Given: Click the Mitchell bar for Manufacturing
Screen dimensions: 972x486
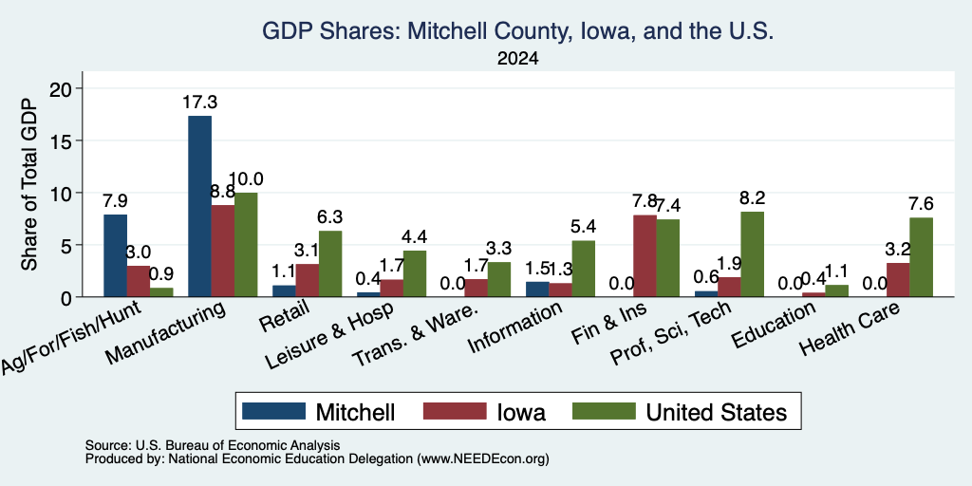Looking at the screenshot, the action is tap(199, 206).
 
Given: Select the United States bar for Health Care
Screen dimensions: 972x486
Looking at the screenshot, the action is tap(921, 257).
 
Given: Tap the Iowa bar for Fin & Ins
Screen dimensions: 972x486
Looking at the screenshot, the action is tap(645, 256).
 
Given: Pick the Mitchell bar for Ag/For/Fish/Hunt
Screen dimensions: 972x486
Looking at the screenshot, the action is tap(115, 255).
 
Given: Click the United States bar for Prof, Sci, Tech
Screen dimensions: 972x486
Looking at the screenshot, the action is tap(752, 254).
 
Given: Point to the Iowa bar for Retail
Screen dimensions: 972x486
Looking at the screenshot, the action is tap(307, 281).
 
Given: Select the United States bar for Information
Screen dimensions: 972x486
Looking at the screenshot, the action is tap(584, 269).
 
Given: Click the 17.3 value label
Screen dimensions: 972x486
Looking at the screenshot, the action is tap(199, 103).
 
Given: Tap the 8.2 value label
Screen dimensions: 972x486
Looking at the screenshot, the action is tap(752, 197).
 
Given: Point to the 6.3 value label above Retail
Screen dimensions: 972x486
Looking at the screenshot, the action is tap(329, 217).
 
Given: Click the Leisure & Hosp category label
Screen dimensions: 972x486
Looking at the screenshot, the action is tap(329, 337).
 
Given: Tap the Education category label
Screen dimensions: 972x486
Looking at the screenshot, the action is tap(773, 326).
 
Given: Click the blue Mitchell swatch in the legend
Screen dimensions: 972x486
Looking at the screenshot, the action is tap(273, 412).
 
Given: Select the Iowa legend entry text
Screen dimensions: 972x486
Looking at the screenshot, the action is tap(521, 412).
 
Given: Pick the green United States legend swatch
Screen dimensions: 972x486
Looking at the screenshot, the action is tap(605, 412).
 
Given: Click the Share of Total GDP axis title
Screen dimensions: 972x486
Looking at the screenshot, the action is tap(29, 184).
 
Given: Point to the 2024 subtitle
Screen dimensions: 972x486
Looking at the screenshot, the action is tap(517, 59).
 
